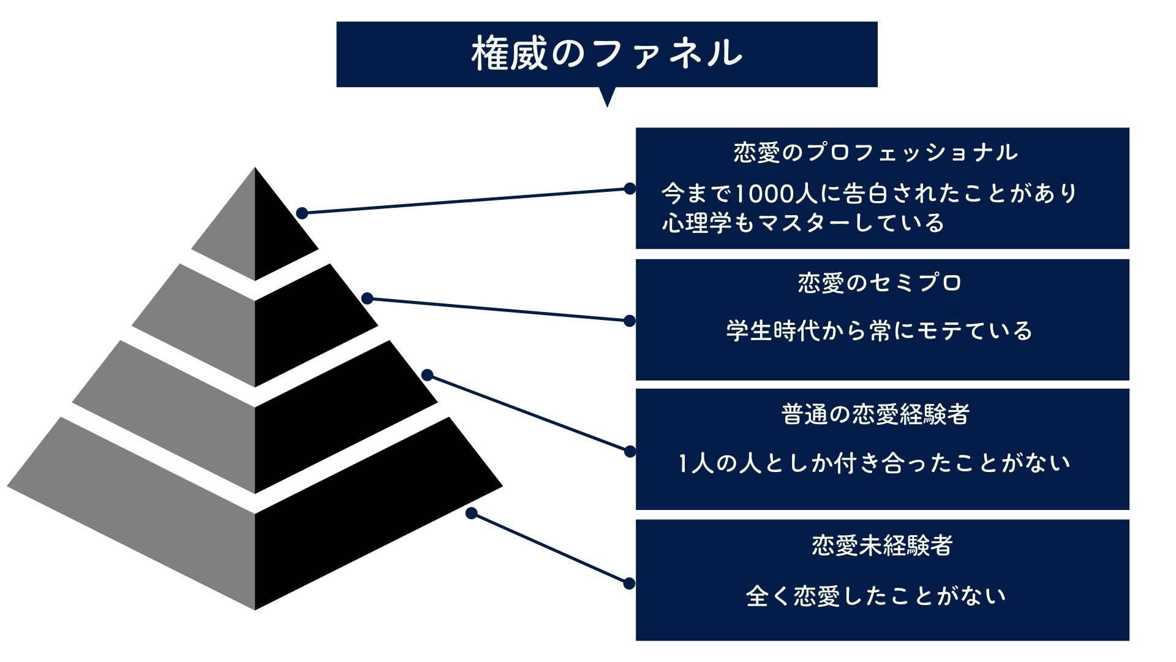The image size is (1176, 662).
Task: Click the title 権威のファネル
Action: (606, 53)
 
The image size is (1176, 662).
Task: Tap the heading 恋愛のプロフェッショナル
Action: (876, 153)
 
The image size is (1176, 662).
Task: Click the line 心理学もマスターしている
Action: (803, 223)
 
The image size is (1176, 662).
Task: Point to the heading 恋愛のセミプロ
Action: (880, 283)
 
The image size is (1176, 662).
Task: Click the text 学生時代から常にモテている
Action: (880, 331)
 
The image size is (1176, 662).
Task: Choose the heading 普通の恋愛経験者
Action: (875, 414)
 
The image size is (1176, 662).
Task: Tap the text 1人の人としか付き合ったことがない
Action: (875, 463)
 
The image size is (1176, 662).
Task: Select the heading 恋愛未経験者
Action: (882, 546)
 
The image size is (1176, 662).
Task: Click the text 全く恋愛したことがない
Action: (876, 596)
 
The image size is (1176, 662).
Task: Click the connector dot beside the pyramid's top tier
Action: (302, 213)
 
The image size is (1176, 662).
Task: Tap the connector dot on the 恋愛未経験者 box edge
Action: (629, 584)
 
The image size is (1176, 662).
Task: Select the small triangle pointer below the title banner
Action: (607, 96)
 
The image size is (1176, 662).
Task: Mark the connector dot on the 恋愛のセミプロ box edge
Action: (629, 321)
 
